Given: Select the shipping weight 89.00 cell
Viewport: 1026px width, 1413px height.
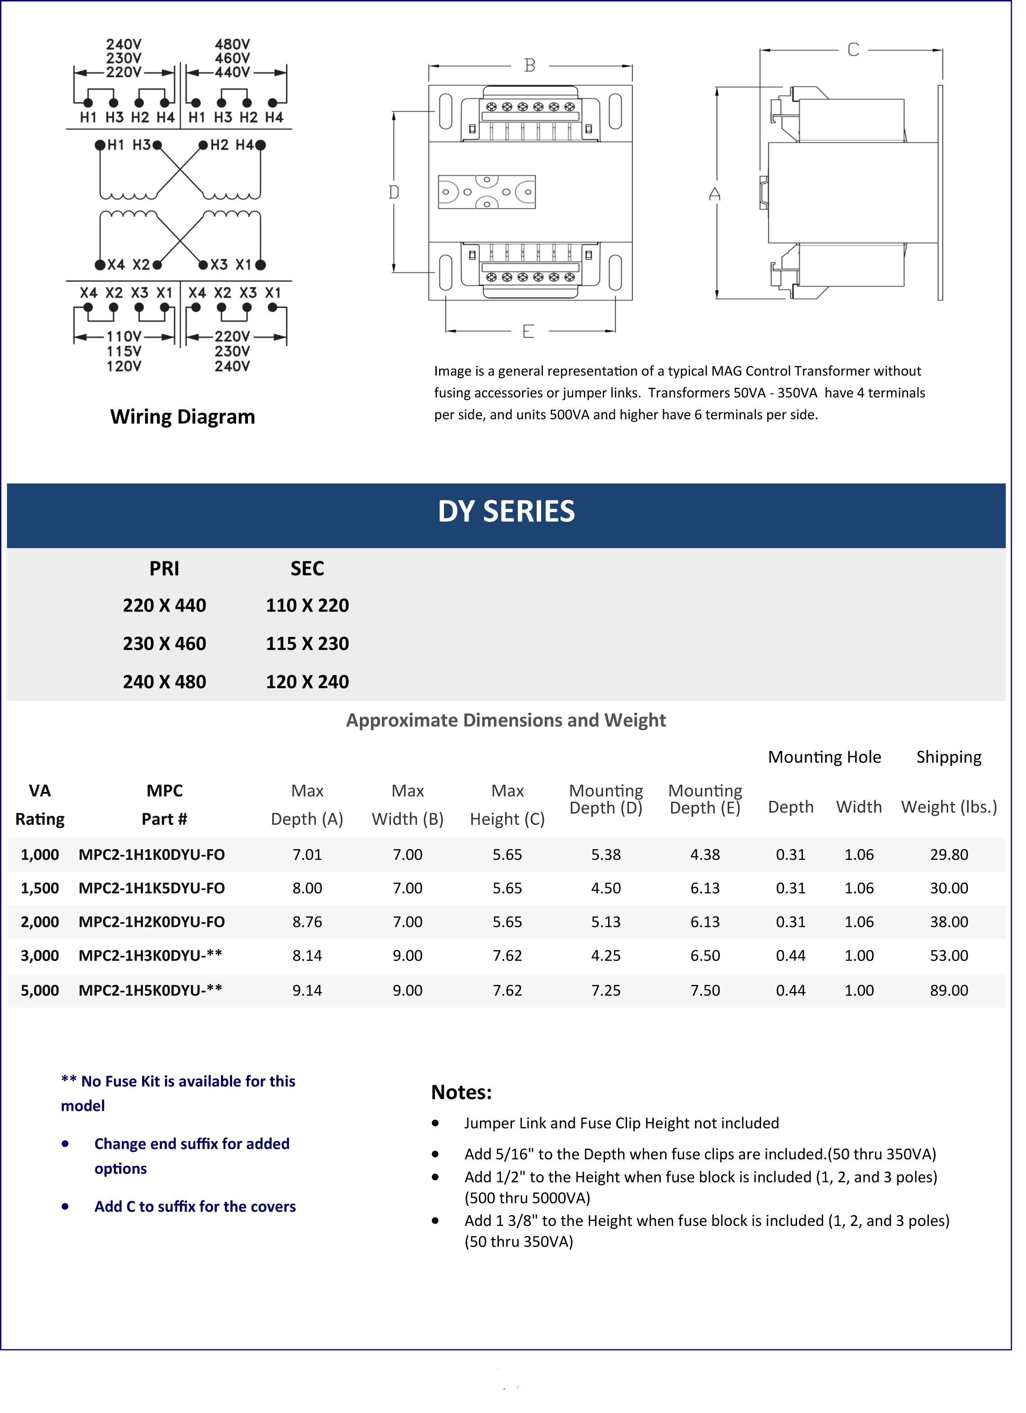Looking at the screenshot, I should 961,1003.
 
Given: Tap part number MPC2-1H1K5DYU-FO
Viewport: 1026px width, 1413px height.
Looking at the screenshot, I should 153,899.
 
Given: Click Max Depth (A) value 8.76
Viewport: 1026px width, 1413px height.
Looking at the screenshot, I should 311,934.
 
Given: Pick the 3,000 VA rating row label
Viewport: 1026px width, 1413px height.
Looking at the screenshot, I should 40,968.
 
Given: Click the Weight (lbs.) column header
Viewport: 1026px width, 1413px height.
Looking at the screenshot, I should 961,818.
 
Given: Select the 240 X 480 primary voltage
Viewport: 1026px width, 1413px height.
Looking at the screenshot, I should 166,690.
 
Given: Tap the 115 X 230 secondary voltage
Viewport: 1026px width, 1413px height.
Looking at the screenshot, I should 311,652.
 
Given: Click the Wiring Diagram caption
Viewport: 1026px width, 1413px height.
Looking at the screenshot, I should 185,422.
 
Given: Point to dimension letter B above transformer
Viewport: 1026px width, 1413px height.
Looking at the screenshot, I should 536,66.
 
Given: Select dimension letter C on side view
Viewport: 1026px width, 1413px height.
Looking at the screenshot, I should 864,50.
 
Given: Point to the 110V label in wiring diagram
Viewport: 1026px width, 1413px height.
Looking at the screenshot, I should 125,341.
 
